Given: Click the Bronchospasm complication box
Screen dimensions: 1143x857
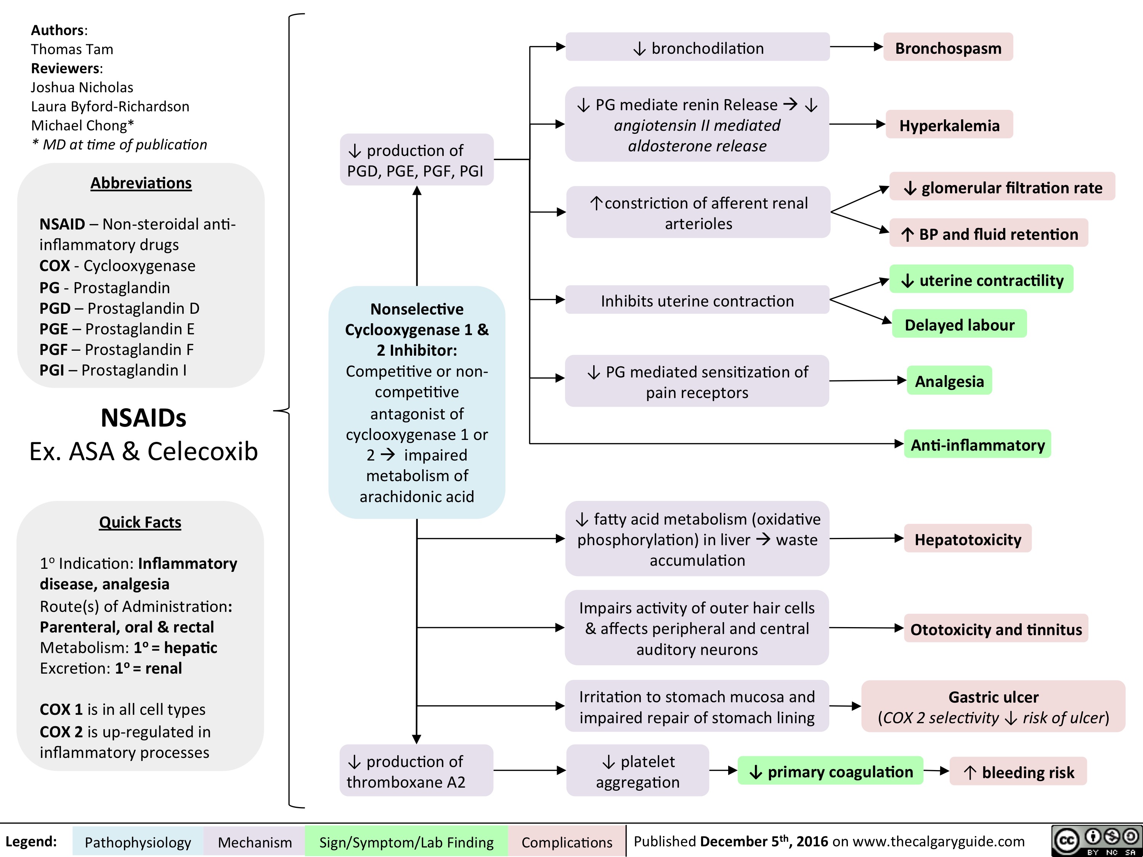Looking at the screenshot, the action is [948, 47].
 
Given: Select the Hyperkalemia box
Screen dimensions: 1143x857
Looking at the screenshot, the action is [949, 125].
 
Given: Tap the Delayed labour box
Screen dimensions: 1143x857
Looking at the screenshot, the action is [959, 324].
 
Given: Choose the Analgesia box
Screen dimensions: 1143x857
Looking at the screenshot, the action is [949, 381].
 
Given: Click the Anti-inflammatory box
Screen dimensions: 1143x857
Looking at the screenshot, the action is [978, 444].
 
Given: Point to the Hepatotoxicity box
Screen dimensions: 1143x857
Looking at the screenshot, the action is [968, 539].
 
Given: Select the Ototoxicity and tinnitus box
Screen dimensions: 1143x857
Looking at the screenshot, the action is [996, 629].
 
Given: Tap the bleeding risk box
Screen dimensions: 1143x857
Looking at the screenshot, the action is [1018, 771].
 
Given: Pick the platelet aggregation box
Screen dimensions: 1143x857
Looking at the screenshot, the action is [637, 771].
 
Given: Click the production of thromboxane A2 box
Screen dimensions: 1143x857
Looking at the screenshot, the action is [416, 771].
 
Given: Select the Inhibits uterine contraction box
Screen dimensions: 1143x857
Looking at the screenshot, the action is [698, 300].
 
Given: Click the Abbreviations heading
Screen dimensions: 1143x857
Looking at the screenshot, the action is [141, 183].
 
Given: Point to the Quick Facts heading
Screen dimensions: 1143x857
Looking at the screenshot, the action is [140, 522].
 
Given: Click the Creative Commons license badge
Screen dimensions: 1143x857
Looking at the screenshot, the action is [1096, 841].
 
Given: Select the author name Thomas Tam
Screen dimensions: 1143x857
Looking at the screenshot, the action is [72, 49].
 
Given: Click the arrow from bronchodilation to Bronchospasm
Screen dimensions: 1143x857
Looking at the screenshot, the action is [857, 47].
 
